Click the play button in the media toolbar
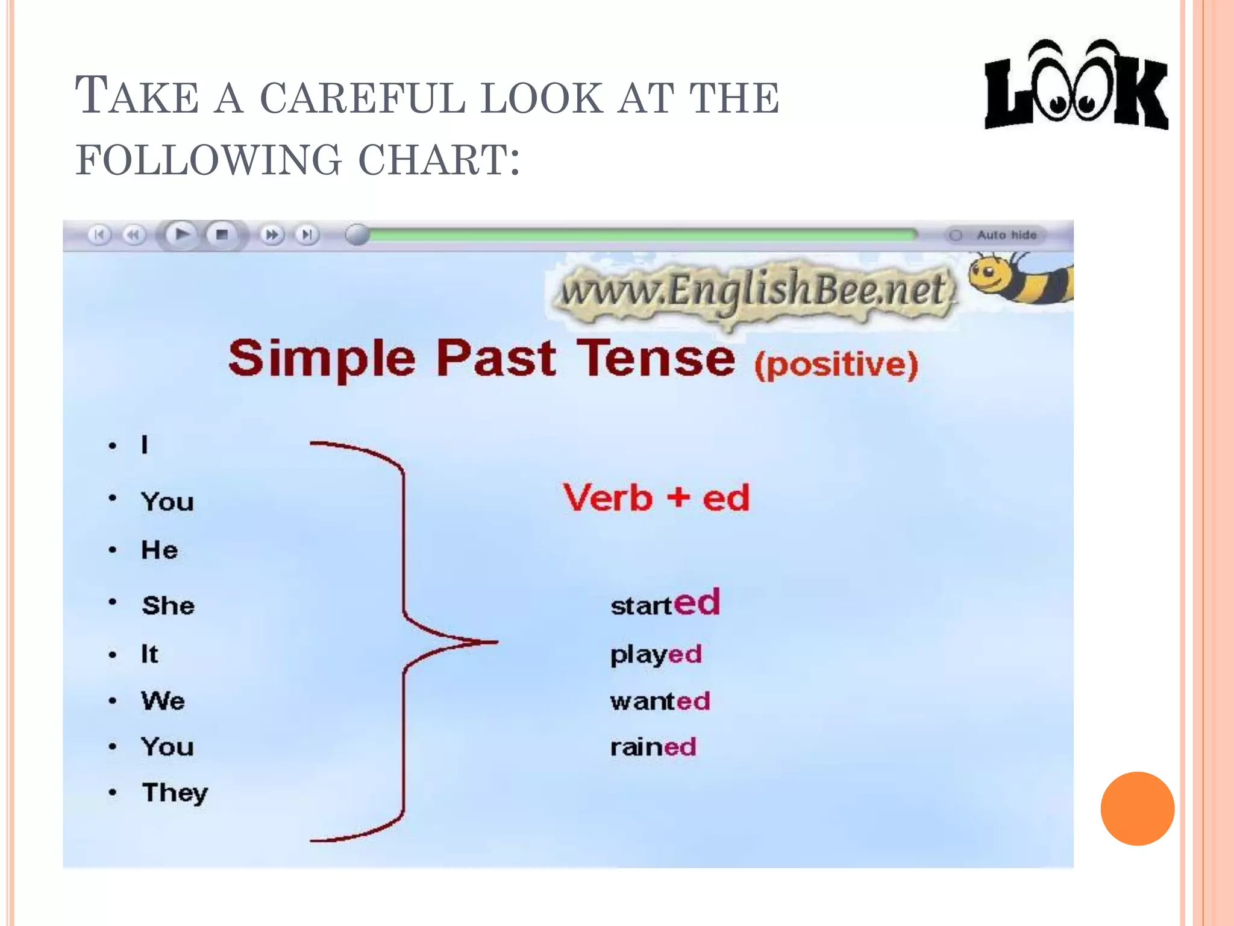tap(181, 234)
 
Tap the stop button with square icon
tap(222, 235)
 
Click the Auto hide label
tap(1006, 235)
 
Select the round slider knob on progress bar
tap(357, 235)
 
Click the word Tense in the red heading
tap(656, 359)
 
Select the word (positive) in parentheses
tap(836, 365)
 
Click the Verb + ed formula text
tap(656, 498)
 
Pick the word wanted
tap(660, 701)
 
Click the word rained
tap(653, 748)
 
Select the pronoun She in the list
tap(168, 605)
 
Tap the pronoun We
tap(163, 701)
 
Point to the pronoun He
tap(159, 550)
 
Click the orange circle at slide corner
tap(1137, 808)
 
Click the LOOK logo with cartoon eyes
tap(1076, 87)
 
